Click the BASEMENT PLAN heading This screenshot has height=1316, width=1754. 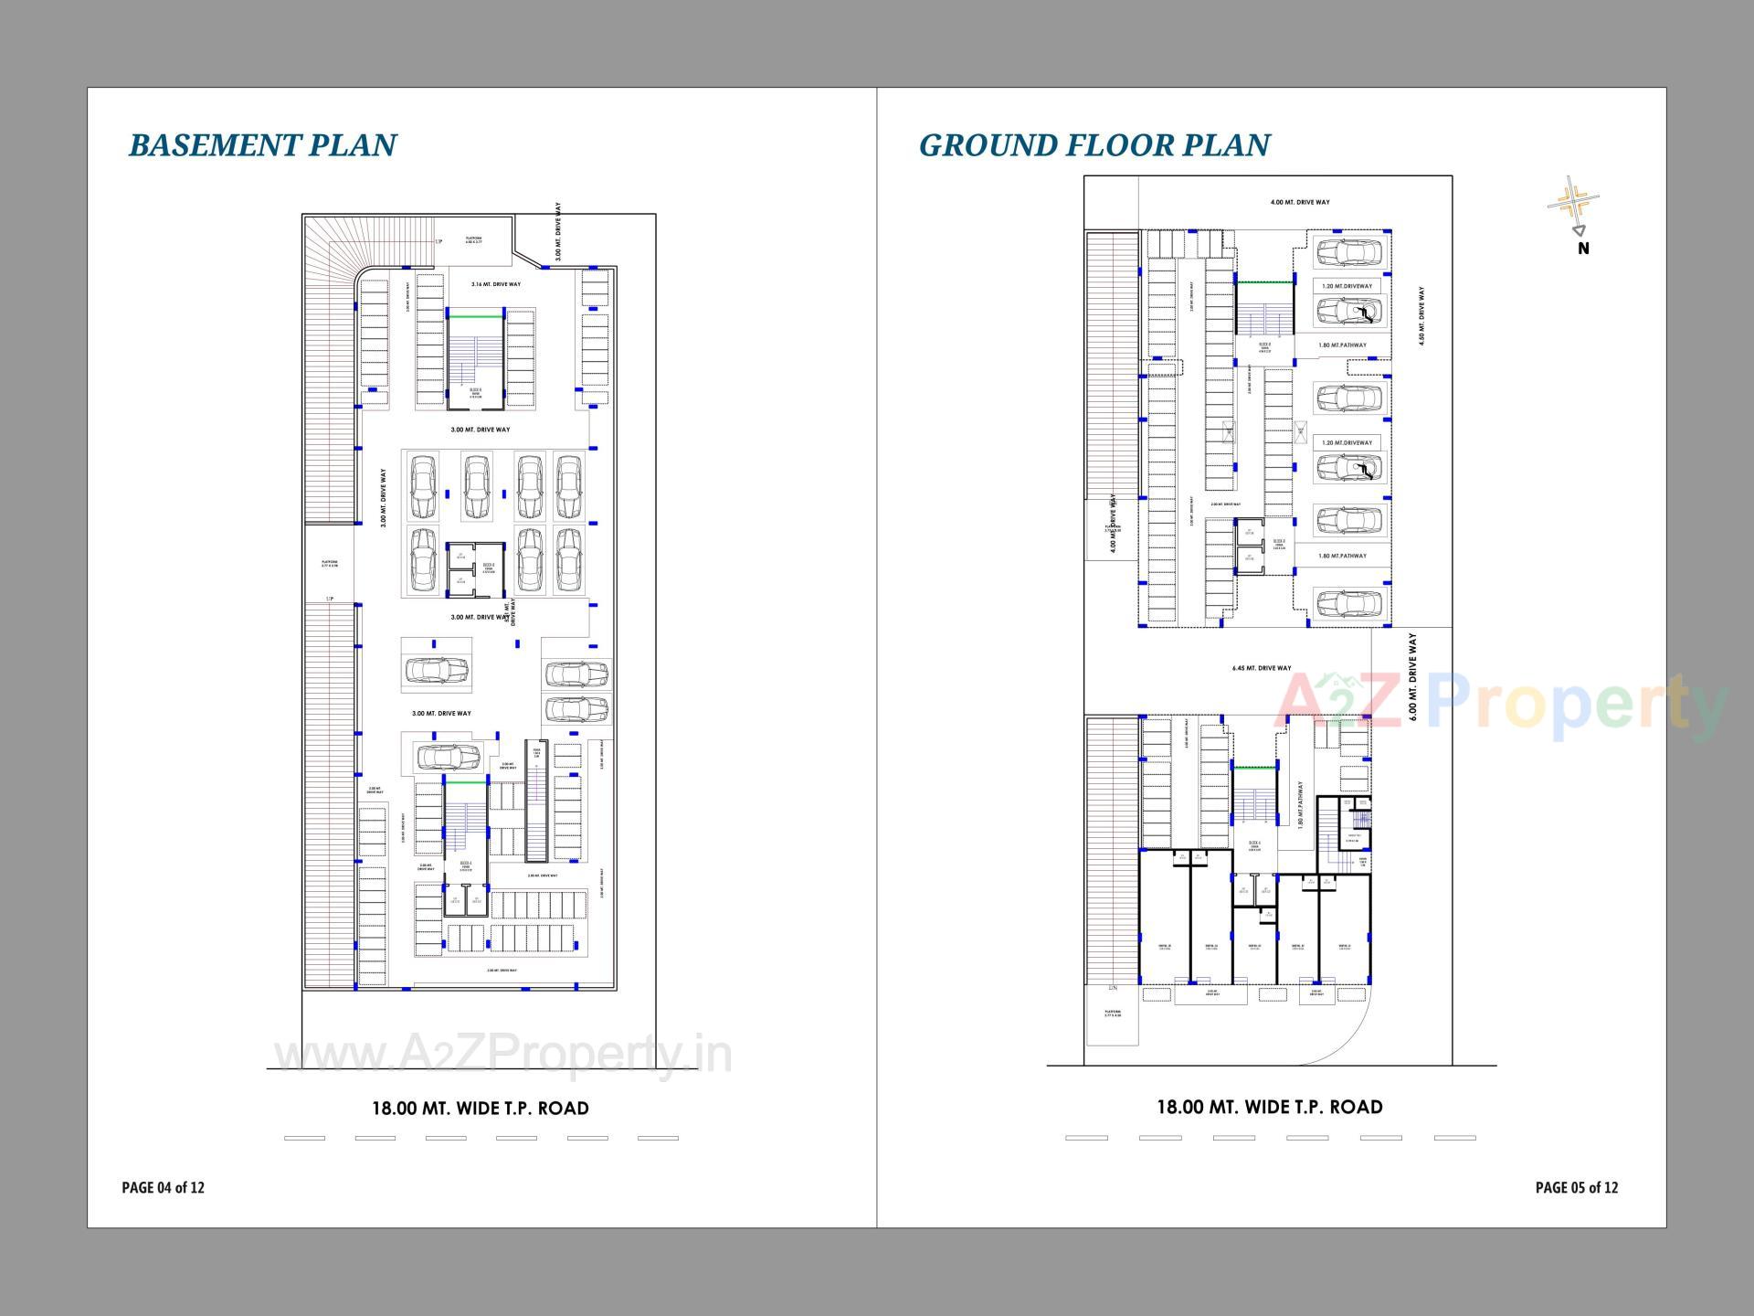pyautogui.click(x=262, y=145)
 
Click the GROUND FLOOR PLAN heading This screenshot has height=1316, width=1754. pyautogui.click(x=1094, y=145)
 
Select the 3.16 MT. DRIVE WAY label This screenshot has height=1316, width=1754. pyautogui.click(x=496, y=284)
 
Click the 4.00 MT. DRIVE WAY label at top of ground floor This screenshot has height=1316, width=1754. pyautogui.click(x=1300, y=202)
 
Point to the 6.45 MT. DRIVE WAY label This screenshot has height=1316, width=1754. pyautogui.click(x=1262, y=668)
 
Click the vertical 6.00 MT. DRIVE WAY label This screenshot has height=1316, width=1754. pyautogui.click(x=1412, y=677)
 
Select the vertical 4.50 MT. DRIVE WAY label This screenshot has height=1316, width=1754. pyautogui.click(x=1421, y=315)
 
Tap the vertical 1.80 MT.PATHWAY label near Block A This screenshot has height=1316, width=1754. pyautogui.click(x=1301, y=804)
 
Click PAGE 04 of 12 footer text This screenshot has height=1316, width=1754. pyautogui.click(x=164, y=1187)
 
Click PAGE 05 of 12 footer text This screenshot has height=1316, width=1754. pyautogui.click(x=1576, y=1187)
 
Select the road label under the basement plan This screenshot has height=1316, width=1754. pyautogui.click(x=480, y=1109)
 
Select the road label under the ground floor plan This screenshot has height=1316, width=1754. pyautogui.click(x=1269, y=1108)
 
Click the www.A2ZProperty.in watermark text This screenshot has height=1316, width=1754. pyautogui.click(x=502, y=1055)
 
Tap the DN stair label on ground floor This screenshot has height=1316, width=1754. pyautogui.click(x=1112, y=989)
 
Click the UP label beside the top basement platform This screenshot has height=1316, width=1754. pyautogui.click(x=438, y=241)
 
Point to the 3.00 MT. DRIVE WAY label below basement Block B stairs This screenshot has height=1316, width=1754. pyautogui.click(x=481, y=430)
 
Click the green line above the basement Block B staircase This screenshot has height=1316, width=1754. pyautogui.click(x=475, y=317)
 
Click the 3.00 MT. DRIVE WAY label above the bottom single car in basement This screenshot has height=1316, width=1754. pyautogui.click(x=441, y=713)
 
